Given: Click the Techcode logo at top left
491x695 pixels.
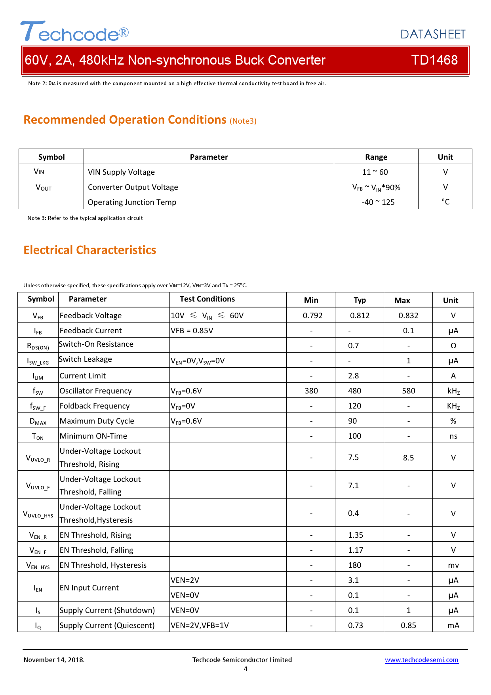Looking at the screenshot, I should click(74, 32).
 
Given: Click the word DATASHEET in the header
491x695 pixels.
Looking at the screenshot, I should click(433, 34).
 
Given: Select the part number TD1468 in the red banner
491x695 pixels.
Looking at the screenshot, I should click(434, 60).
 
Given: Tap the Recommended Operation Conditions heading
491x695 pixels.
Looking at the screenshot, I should click(125, 120).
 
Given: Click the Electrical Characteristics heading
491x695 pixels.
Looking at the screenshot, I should click(90, 250).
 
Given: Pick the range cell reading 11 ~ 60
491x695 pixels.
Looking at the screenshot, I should click(375, 172).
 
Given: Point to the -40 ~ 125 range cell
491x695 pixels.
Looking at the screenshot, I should click(378, 202).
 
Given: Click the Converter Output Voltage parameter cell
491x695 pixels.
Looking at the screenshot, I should click(133, 187).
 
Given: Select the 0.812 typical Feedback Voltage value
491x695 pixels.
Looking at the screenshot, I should click(360, 315).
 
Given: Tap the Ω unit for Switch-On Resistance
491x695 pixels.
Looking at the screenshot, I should click(453, 346).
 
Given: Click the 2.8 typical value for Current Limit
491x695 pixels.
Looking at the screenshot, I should click(354, 376).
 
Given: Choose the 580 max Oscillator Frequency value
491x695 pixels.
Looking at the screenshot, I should click(408, 391).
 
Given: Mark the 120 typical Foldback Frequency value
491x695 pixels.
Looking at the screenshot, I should click(354, 406).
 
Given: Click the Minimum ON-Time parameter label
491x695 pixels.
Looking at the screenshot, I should click(93, 436).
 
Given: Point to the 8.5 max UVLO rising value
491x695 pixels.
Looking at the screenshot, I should click(408, 458).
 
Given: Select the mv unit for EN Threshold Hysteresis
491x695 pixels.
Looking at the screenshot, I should click(453, 565).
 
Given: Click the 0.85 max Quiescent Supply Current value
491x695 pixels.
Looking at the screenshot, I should click(408, 625).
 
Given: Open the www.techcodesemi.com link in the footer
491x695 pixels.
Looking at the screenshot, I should click(421, 660).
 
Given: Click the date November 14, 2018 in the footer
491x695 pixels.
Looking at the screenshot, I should click(54, 660).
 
